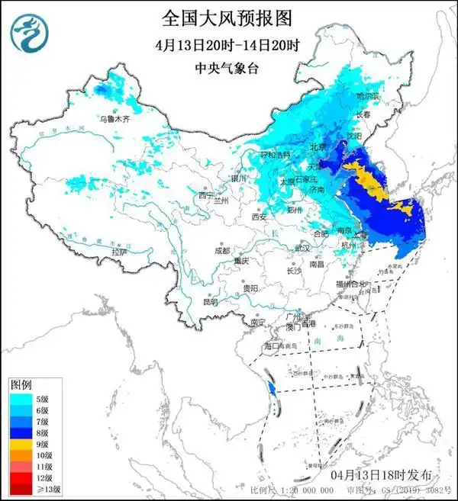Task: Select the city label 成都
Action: point(222,250)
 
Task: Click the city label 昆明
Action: point(211,302)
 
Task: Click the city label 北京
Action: point(318,146)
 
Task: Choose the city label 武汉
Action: point(303,248)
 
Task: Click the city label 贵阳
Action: point(250,289)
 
